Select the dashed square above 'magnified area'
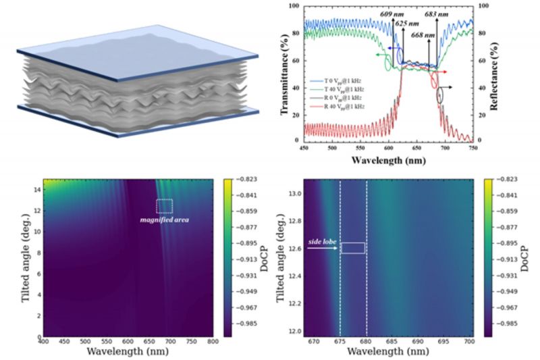165,207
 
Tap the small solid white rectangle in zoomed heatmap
353,248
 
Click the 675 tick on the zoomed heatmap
340,343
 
